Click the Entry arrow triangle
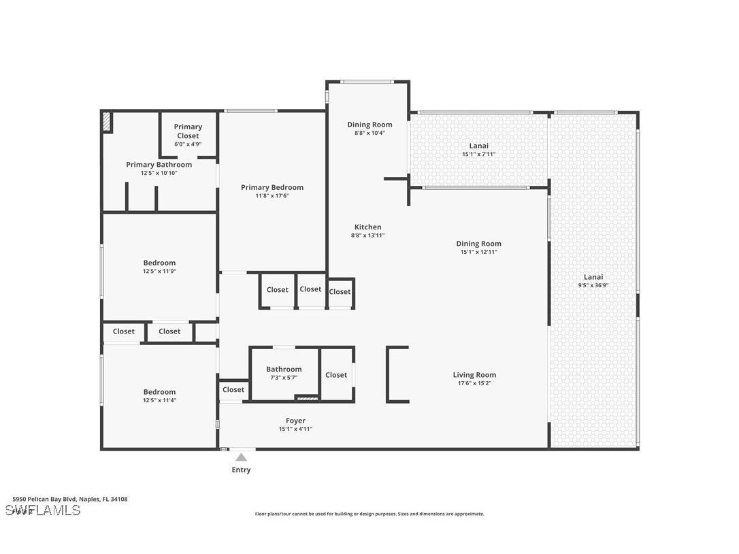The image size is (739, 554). [x=241, y=457]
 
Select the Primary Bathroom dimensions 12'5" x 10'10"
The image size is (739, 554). [x=159, y=173]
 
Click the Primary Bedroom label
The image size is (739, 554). [x=272, y=187]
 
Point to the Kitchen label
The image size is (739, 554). [x=367, y=227]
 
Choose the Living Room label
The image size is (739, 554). [x=474, y=374]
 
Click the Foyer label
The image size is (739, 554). [x=295, y=421]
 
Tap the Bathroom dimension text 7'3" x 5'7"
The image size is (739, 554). [x=284, y=377]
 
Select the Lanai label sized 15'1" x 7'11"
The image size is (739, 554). [x=478, y=146]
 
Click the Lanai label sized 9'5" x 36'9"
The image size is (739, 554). [x=593, y=277]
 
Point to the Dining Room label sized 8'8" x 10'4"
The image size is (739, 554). [x=369, y=125]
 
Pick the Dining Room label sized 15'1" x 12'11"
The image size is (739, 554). [x=478, y=244]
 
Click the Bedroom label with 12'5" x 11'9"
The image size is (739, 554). [x=159, y=263]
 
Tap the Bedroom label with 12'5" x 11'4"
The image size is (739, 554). [x=159, y=391]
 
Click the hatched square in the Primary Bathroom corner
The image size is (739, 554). [x=107, y=121]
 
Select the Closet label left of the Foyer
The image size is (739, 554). [x=233, y=389]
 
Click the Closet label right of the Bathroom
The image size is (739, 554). [x=336, y=374]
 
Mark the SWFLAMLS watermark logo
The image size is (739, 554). [x=43, y=510]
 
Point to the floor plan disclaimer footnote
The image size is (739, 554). [x=369, y=514]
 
